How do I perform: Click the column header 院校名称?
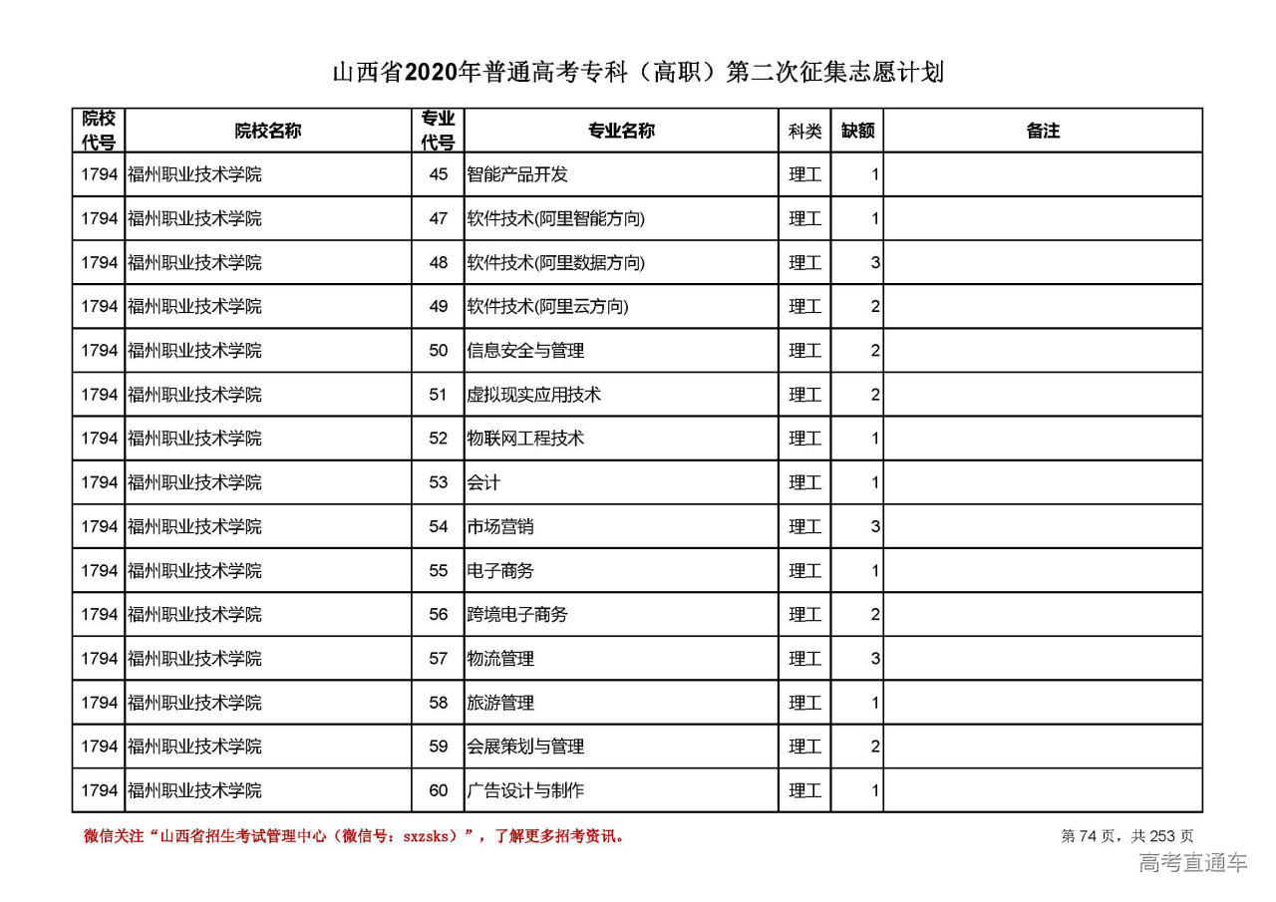point(268,131)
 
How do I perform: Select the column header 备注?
point(1043,131)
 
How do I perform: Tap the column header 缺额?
point(857,131)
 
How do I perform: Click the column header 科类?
point(804,131)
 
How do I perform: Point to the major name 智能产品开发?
point(517,174)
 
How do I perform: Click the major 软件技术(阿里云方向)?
point(547,306)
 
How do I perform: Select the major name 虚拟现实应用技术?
point(534,395)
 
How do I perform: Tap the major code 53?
point(439,482)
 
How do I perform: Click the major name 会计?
point(483,482)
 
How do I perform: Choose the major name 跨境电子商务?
point(517,615)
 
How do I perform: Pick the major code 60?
point(439,790)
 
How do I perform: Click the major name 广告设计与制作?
point(525,790)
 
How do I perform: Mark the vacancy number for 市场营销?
point(875,526)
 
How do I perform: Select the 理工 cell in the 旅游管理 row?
point(804,703)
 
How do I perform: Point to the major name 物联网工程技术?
point(525,439)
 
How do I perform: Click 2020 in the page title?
point(431,73)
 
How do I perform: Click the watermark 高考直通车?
point(1192,863)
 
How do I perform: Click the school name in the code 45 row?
point(194,174)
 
